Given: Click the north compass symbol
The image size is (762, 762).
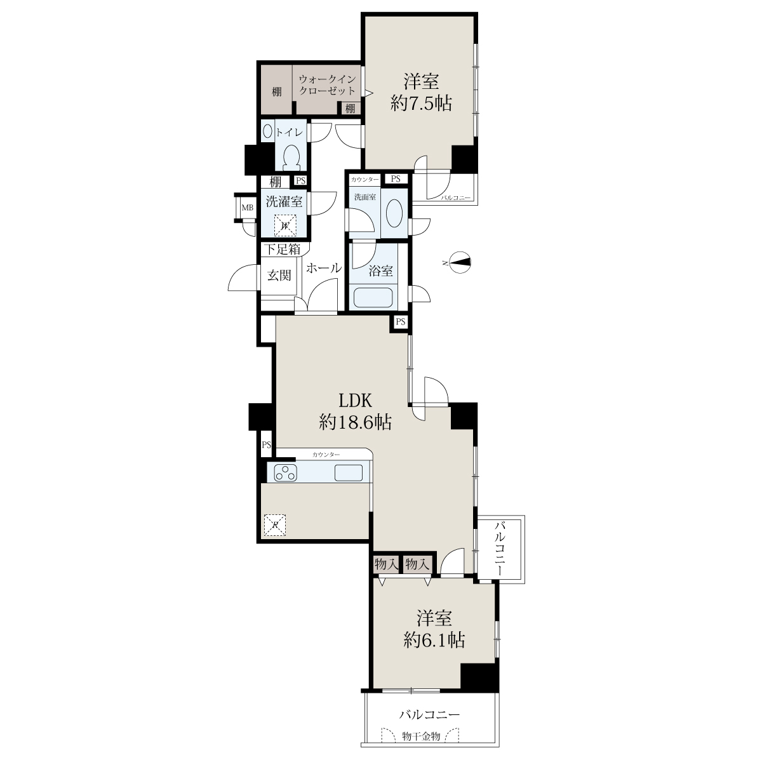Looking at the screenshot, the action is [460, 262].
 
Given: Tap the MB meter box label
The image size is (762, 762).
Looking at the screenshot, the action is [248, 208].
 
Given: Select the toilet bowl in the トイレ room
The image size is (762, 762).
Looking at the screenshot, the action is [292, 157].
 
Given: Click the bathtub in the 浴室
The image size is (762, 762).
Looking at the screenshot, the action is [373, 297].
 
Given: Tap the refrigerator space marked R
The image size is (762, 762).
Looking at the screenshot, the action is [275, 525].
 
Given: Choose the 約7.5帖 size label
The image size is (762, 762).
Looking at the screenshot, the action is [421, 104].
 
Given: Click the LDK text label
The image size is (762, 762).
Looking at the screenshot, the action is [356, 401].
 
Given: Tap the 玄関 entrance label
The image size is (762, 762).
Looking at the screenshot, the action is [279, 275].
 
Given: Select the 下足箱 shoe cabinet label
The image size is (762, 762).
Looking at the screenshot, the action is [283, 250].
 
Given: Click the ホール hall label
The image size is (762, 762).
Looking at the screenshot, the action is [324, 268].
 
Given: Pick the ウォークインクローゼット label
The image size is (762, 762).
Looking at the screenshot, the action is [328, 84].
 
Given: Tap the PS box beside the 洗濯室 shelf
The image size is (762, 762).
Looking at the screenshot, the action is [301, 181].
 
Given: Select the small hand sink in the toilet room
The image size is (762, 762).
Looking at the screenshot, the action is [268, 131].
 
